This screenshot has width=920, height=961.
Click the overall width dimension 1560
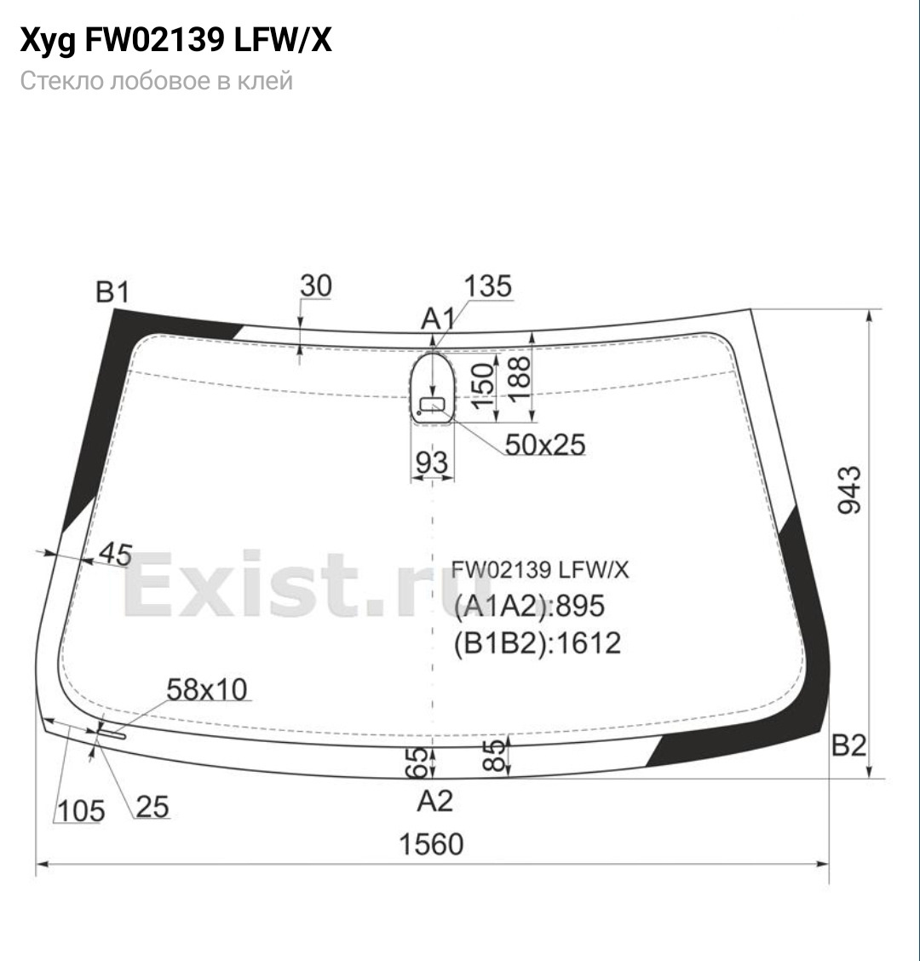(x=431, y=844)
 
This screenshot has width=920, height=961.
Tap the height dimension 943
(x=849, y=490)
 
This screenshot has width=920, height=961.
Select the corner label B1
(x=112, y=291)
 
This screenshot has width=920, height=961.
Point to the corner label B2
(x=849, y=745)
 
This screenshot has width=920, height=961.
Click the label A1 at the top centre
(x=439, y=319)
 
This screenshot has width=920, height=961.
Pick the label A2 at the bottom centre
(x=434, y=801)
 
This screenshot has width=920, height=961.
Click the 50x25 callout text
(x=545, y=445)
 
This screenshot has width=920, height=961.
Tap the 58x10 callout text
(x=207, y=689)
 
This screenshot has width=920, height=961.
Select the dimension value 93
(x=432, y=463)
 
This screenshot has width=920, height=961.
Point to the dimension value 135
(x=488, y=286)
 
